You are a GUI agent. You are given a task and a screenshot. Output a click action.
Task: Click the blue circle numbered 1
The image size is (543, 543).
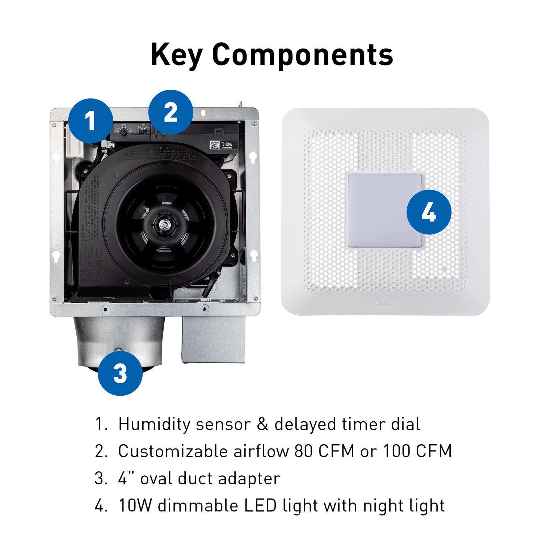click(90, 121)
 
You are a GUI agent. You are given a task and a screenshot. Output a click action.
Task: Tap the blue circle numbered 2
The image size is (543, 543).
click(171, 113)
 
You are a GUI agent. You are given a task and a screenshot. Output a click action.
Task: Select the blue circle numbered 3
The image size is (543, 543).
click(120, 373)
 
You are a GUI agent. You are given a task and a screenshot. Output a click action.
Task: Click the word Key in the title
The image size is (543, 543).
click(176, 54)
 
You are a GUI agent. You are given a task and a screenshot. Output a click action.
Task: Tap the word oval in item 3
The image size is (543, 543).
click(156, 478)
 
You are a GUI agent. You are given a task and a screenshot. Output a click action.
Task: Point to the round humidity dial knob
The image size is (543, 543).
click(123, 133)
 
